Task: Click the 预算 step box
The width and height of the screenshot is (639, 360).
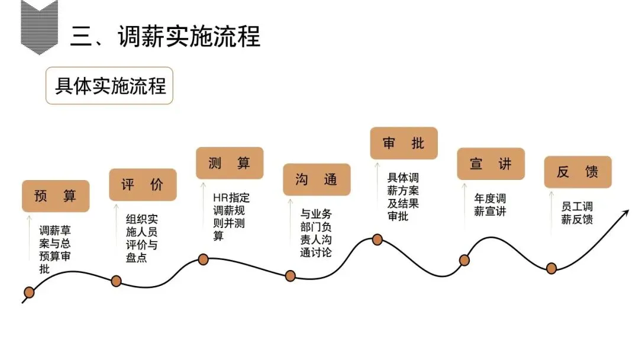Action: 56,196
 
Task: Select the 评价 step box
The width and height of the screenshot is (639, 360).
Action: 143,184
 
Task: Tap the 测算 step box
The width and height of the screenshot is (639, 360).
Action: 230,163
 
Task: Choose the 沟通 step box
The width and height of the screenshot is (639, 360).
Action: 317,179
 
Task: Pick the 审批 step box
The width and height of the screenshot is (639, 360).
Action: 404,143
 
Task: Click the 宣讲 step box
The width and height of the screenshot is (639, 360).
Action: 490,163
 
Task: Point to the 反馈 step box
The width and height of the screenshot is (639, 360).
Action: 577,172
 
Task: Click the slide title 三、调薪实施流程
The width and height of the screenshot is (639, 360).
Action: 165,36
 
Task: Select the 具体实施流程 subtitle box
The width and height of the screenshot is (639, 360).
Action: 109,86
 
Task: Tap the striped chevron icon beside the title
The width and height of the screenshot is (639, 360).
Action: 39,27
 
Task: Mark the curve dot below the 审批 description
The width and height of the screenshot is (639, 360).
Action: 377,239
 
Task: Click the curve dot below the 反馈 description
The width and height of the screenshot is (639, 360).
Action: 551,268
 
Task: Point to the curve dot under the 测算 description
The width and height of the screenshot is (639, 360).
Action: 203,259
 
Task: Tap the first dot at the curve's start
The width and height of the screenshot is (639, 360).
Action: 28,292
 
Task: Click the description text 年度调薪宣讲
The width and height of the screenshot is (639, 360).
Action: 490,205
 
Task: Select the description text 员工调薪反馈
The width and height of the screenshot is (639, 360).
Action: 577,213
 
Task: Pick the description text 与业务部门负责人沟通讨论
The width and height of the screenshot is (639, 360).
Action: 316,233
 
